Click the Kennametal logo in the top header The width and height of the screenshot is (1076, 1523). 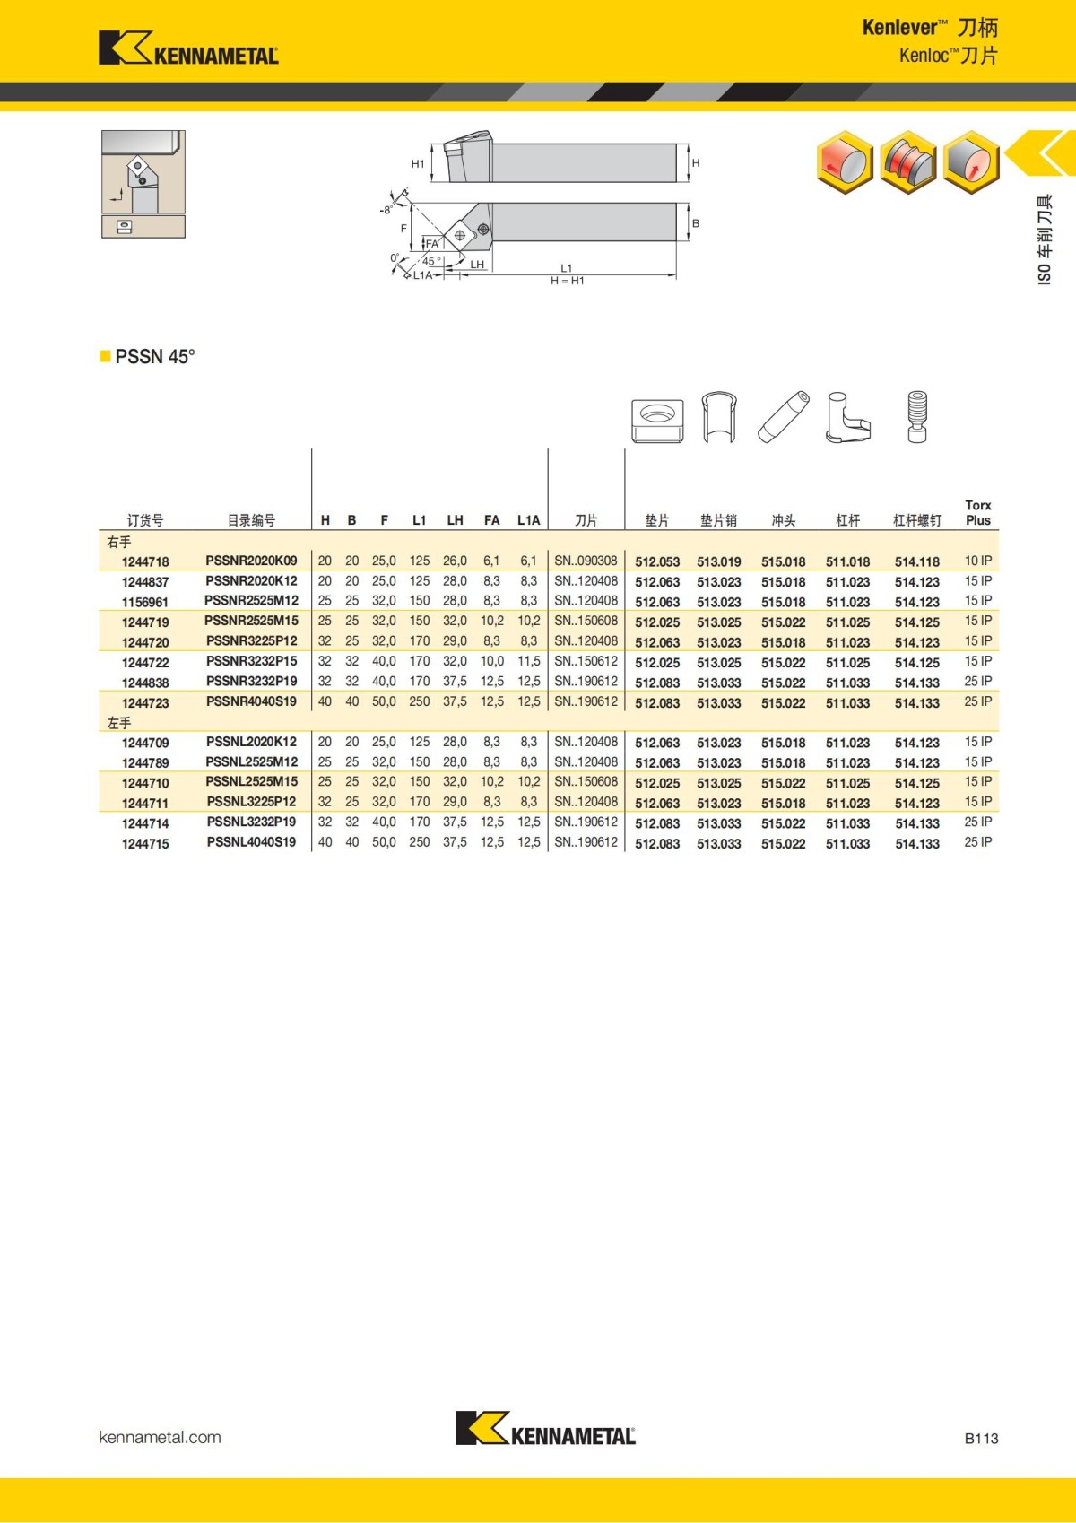(188, 48)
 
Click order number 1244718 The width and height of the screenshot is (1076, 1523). (145, 561)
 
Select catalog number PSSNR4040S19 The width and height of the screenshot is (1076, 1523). (251, 701)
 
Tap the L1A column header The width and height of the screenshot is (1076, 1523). (528, 520)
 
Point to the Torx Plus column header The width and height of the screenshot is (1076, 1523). (977, 513)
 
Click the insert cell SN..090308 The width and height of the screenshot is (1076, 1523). (586, 561)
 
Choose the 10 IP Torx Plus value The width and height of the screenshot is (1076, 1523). (977, 561)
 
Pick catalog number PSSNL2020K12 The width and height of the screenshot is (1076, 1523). (251, 742)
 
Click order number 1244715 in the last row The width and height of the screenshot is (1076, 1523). (145, 843)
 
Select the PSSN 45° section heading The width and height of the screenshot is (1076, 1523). (154, 357)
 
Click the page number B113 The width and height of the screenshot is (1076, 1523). (981, 1438)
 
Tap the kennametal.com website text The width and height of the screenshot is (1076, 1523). (160, 1437)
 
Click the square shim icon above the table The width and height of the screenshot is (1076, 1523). (657, 420)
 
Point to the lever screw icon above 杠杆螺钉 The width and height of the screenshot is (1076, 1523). (916, 417)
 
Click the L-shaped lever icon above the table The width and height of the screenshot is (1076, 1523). (846, 418)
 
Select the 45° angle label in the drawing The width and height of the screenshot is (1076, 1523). (431, 261)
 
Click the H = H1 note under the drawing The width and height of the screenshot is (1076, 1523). (567, 281)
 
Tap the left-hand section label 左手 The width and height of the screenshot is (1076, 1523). (119, 722)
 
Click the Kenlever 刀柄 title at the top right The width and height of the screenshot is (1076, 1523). (929, 28)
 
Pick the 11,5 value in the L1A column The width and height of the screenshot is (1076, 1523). (528, 661)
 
